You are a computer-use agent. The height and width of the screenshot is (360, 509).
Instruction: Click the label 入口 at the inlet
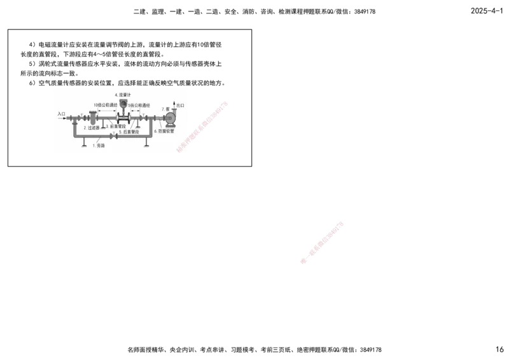(61, 114)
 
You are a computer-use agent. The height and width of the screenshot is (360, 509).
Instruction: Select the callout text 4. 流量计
(123, 94)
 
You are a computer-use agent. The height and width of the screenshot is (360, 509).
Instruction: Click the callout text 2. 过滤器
(92, 128)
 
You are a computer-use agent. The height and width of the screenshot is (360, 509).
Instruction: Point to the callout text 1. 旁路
(99, 146)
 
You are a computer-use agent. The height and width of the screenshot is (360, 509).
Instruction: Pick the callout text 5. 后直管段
(129, 132)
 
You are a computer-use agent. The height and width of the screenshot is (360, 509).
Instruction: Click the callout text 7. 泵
(165, 109)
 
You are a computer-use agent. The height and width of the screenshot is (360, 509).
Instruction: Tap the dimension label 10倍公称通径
(105, 105)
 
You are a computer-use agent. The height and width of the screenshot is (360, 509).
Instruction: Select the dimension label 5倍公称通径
(138, 105)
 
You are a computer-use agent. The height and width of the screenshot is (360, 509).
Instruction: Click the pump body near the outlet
(170, 118)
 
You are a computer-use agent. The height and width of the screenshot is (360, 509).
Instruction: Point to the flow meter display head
(123, 102)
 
